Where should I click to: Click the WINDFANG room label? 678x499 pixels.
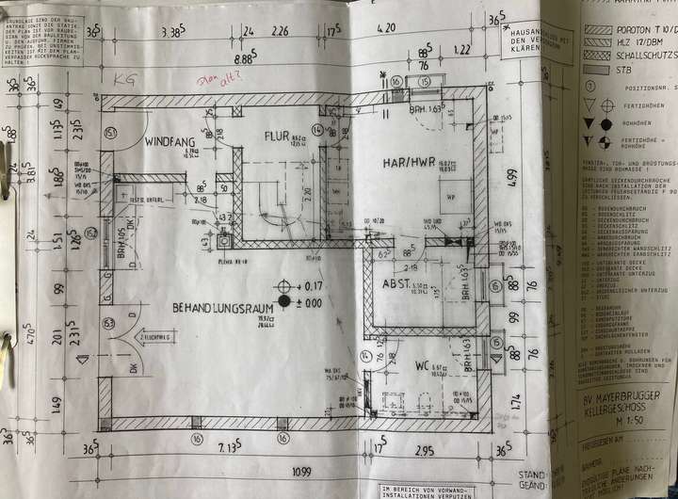click(x=169, y=142)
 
